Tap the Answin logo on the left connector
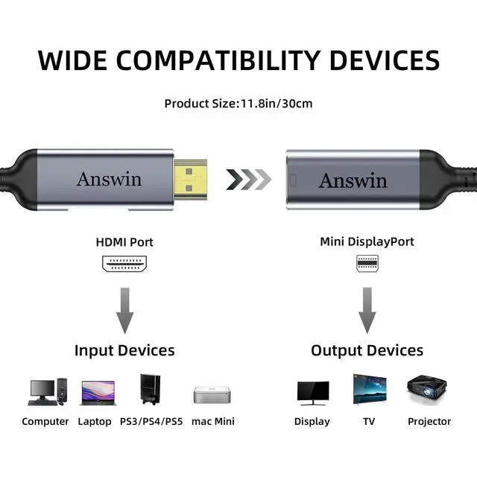click(x=109, y=179)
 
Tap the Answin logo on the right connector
click(x=353, y=180)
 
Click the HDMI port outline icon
click(x=124, y=264)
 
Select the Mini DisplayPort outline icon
click(x=367, y=264)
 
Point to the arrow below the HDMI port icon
click(x=124, y=310)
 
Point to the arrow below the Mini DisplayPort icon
click(x=367, y=310)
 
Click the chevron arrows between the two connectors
click(x=248, y=180)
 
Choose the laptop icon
click(x=98, y=393)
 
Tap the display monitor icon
click(x=312, y=392)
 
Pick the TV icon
click(x=370, y=389)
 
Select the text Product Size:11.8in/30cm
click(x=238, y=103)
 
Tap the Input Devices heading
click(x=124, y=350)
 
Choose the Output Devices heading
click(x=367, y=350)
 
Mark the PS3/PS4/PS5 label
click(x=151, y=422)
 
